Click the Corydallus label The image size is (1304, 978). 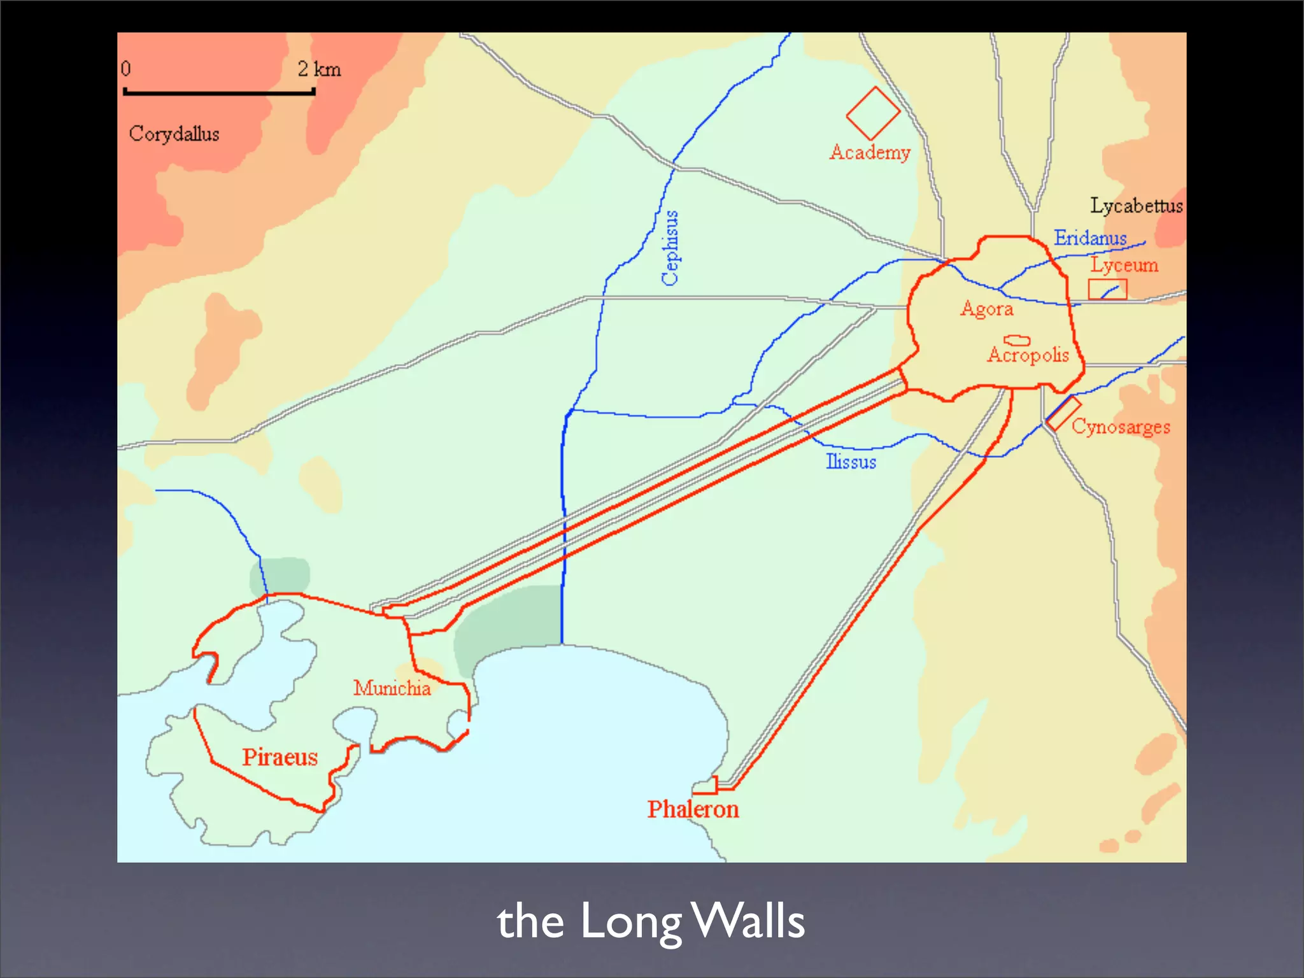(x=174, y=134)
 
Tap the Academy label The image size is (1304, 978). (x=870, y=153)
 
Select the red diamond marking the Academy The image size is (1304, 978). (x=873, y=113)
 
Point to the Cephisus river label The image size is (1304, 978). (x=670, y=248)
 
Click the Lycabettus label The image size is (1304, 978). (x=1136, y=206)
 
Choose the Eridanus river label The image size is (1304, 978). (x=1090, y=238)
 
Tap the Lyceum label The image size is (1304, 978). (x=1124, y=265)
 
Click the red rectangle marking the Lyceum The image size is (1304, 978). (x=1107, y=289)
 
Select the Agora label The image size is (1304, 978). (x=987, y=309)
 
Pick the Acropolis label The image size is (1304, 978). (x=1028, y=355)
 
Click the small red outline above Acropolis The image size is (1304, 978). (x=1017, y=341)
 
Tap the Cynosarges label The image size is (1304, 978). (x=1121, y=427)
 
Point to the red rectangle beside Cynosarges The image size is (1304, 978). (x=1063, y=413)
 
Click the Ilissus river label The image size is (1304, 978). (x=851, y=462)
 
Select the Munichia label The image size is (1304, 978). (x=392, y=688)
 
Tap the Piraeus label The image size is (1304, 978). (x=280, y=757)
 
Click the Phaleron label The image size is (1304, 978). (x=693, y=809)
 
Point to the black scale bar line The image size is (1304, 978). (x=219, y=93)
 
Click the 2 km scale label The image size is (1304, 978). (x=319, y=69)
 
